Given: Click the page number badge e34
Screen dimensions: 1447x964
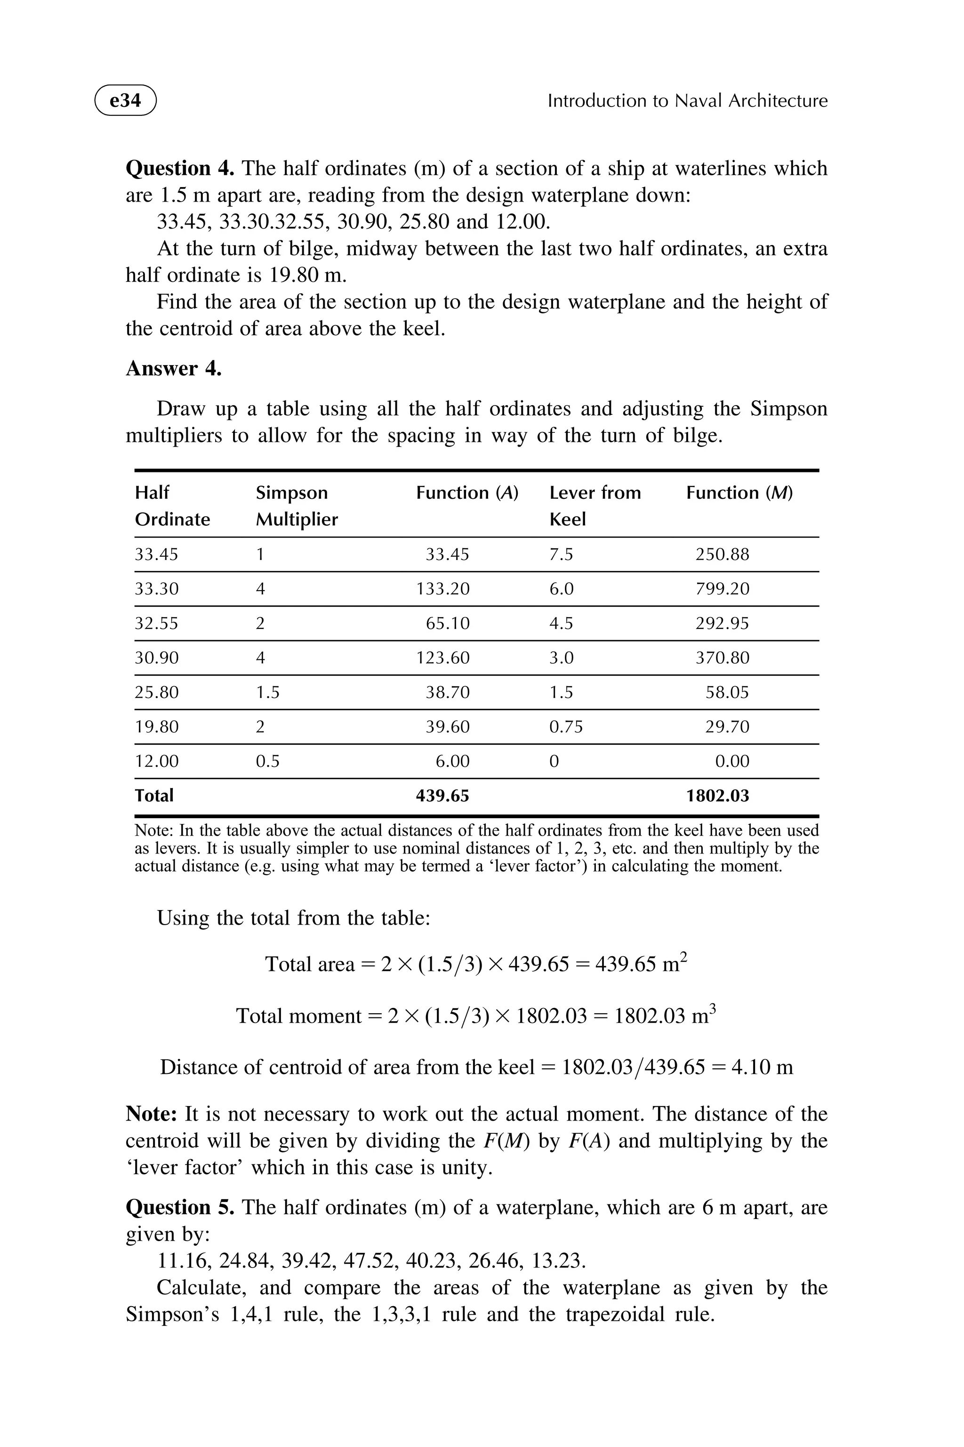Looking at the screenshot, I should click(x=125, y=100).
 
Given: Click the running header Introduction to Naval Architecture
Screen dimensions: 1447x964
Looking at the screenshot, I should click(x=687, y=101).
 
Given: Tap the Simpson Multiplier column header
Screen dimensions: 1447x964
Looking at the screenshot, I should click(x=297, y=506).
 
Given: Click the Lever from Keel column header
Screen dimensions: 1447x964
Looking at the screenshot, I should click(x=594, y=506).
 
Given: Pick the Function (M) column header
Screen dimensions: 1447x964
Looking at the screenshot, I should click(x=739, y=493).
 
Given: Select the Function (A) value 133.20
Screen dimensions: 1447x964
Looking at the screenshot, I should click(x=442, y=589).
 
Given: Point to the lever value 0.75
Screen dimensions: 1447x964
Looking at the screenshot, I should click(x=566, y=727).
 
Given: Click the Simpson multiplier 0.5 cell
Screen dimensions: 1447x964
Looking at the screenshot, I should click(x=267, y=761).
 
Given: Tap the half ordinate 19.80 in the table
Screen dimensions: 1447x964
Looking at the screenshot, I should click(x=157, y=727).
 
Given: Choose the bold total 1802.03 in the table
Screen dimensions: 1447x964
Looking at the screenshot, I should click(x=717, y=796).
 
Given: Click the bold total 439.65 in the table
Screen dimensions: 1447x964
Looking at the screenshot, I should click(x=442, y=796).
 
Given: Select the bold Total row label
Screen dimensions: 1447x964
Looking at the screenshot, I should click(x=154, y=796).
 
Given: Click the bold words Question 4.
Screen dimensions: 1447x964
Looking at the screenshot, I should click(x=179, y=168).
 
